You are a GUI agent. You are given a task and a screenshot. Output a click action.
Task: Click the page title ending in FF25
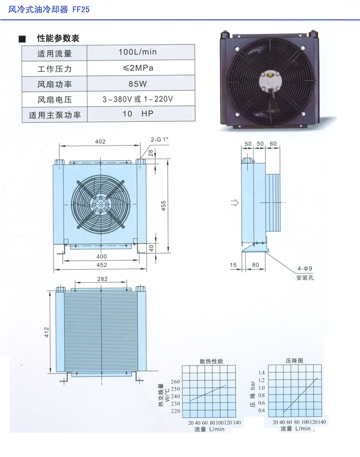(49, 9)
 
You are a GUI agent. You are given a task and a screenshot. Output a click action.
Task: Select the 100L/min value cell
(141, 52)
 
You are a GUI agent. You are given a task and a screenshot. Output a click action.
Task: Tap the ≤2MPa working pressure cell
(141, 68)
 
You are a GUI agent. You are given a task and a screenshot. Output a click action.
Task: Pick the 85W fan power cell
(141, 84)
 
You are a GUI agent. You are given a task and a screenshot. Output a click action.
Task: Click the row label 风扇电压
(55, 100)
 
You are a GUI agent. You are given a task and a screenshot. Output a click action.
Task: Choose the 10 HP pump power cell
(141, 114)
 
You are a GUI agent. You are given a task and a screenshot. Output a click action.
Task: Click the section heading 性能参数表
(58, 38)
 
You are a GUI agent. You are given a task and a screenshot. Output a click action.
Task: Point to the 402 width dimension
(100, 142)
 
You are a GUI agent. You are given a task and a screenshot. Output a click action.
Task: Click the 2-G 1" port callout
(159, 140)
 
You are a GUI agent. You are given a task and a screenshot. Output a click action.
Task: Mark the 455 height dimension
(164, 206)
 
